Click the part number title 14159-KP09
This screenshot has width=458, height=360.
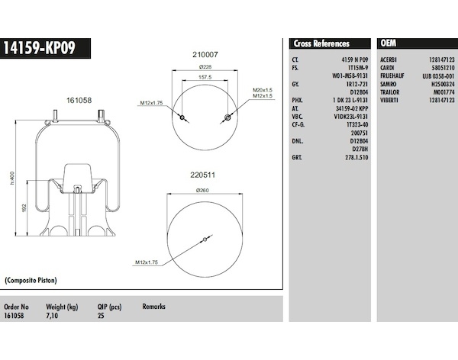tap(39, 48)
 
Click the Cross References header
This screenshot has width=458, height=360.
tap(321, 43)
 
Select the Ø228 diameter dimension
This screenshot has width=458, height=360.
tap(205, 67)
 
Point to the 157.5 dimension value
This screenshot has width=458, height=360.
tap(205, 77)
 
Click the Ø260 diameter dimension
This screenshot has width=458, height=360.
tap(202, 191)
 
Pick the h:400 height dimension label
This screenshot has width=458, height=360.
tap(12, 178)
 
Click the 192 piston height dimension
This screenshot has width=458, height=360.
tap(24, 208)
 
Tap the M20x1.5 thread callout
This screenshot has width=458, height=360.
tap(263, 90)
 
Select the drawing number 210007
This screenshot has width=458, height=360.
tap(205, 55)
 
